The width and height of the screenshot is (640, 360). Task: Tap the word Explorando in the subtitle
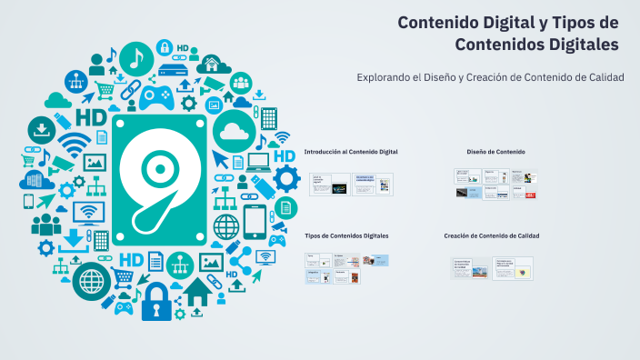point(388,76)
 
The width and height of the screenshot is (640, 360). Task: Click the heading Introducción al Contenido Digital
point(351,152)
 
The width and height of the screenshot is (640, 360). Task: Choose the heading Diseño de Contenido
point(495,152)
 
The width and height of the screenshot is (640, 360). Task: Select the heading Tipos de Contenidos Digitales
point(346,235)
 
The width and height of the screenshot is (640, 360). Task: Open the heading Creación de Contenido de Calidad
point(492,235)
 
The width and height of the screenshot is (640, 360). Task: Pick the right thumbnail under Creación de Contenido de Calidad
point(513,268)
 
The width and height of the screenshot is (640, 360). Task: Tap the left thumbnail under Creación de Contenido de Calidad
point(471,268)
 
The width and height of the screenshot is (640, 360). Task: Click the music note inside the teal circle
point(136,59)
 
